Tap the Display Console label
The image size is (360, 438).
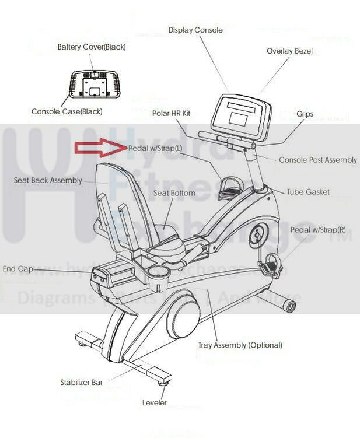point(195,30)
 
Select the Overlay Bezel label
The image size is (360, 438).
point(289,51)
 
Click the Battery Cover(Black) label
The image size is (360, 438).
point(92,47)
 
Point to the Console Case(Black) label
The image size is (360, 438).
point(67,111)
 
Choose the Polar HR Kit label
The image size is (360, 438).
point(172,113)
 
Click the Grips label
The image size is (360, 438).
point(305,114)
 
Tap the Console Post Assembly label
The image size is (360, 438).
point(317,160)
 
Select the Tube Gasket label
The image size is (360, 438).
point(308,192)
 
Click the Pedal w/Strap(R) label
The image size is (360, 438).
point(317,230)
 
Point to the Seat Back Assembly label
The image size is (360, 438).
point(48,181)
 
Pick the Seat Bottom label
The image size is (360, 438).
point(174,193)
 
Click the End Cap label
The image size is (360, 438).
point(18,269)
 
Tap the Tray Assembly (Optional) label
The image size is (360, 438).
point(240,345)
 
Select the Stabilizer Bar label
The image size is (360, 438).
point(81,383)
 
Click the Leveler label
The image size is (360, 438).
point(155,403)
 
